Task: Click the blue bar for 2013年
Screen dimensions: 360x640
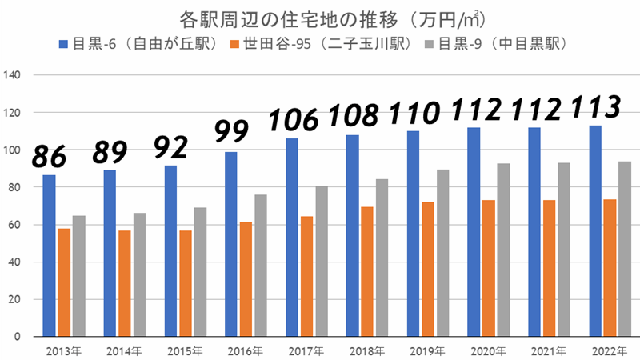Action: (49, 256)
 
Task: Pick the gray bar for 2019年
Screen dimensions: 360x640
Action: (442, 253)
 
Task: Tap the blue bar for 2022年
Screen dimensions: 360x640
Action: (595, 231)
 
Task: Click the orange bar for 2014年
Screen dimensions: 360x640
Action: (124, 283)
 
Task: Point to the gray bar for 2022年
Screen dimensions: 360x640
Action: (624, 249)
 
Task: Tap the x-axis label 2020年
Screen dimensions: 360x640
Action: (488, 350)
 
